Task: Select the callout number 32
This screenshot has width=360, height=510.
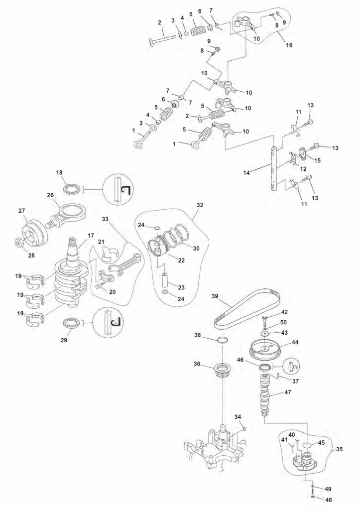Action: pos(200,205)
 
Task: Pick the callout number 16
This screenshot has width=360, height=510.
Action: pos(289,45)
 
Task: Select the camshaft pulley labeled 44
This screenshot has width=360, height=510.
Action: pos(268,348)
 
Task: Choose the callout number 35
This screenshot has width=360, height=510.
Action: pos(339,449)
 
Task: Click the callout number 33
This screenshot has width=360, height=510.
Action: pos(105,219)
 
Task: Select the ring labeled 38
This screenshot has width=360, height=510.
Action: pos(223,341)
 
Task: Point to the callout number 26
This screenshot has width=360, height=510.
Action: pos(50,195)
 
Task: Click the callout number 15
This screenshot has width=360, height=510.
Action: pos(317,160)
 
